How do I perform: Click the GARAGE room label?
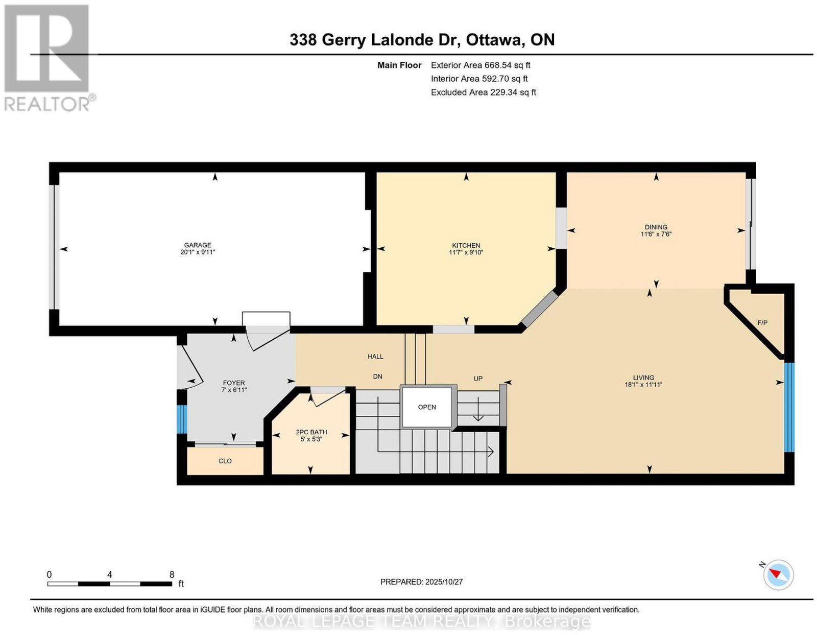pos(198,245)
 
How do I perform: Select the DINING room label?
pos(656,227)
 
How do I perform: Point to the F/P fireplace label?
pos(762,322)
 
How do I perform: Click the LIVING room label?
pos(643,378)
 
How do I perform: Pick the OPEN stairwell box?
pos(427,407)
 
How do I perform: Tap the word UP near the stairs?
pos(478,379)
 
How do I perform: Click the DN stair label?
pos(377,377)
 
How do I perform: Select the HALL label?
pos(375,357)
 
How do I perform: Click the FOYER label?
pos(233,383)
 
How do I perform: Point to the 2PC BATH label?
pos(311,432)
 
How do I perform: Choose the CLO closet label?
pos(225,461)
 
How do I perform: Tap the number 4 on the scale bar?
pos(109,575)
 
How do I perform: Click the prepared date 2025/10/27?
pos(444,582)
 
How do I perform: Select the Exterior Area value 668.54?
pos(498,65)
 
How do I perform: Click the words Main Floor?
pos(399,65)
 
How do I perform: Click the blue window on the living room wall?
pos(789,407)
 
